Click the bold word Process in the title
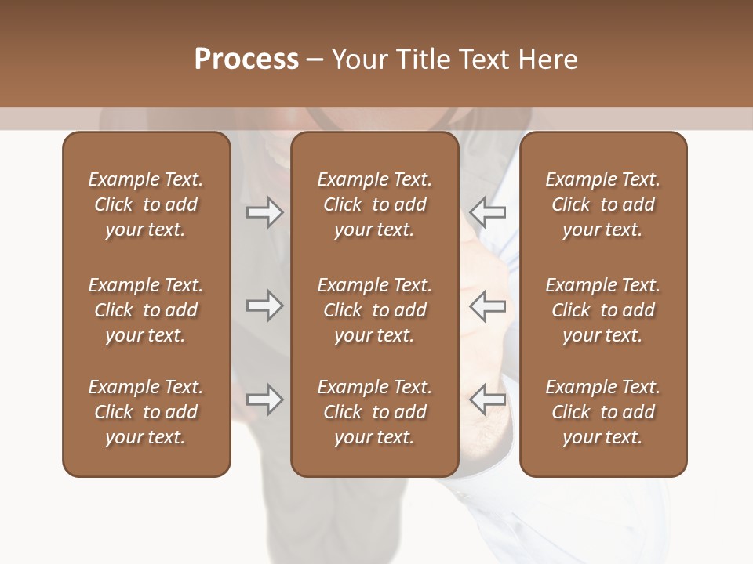pyautogui.click(x=246, y=60)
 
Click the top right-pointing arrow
pyautogui.click(x=264, y=211)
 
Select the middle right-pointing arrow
pyautogui.click(x=264, y=305)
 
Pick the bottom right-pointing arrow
pyautogui.click(x=264, y=399)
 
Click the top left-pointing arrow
pyautogui.click(x=488, y=211)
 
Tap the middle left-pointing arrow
pyautogui.click(x=488, y=305)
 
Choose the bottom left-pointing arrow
pyautogui.click(x=488, y=399)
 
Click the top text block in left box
pyautogui.click(x=146, y=204)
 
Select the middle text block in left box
pyautogui.click(x=146, y=310)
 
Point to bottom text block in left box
pyautogui.click(x=146, y=412)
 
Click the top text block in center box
pyautogui.click(x=374, y=204)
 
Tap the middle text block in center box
pyautogui.click(x=374, y=310)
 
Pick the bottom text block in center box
pyautogui.click(x=374, y=412)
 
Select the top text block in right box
pyautogui.click(x=602, y=204)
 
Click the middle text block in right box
pyautogui.click(x=602, y=310)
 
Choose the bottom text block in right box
pyautogui.click(x=602, y=412)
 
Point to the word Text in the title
pyautogui.click(x=484, y=60)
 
